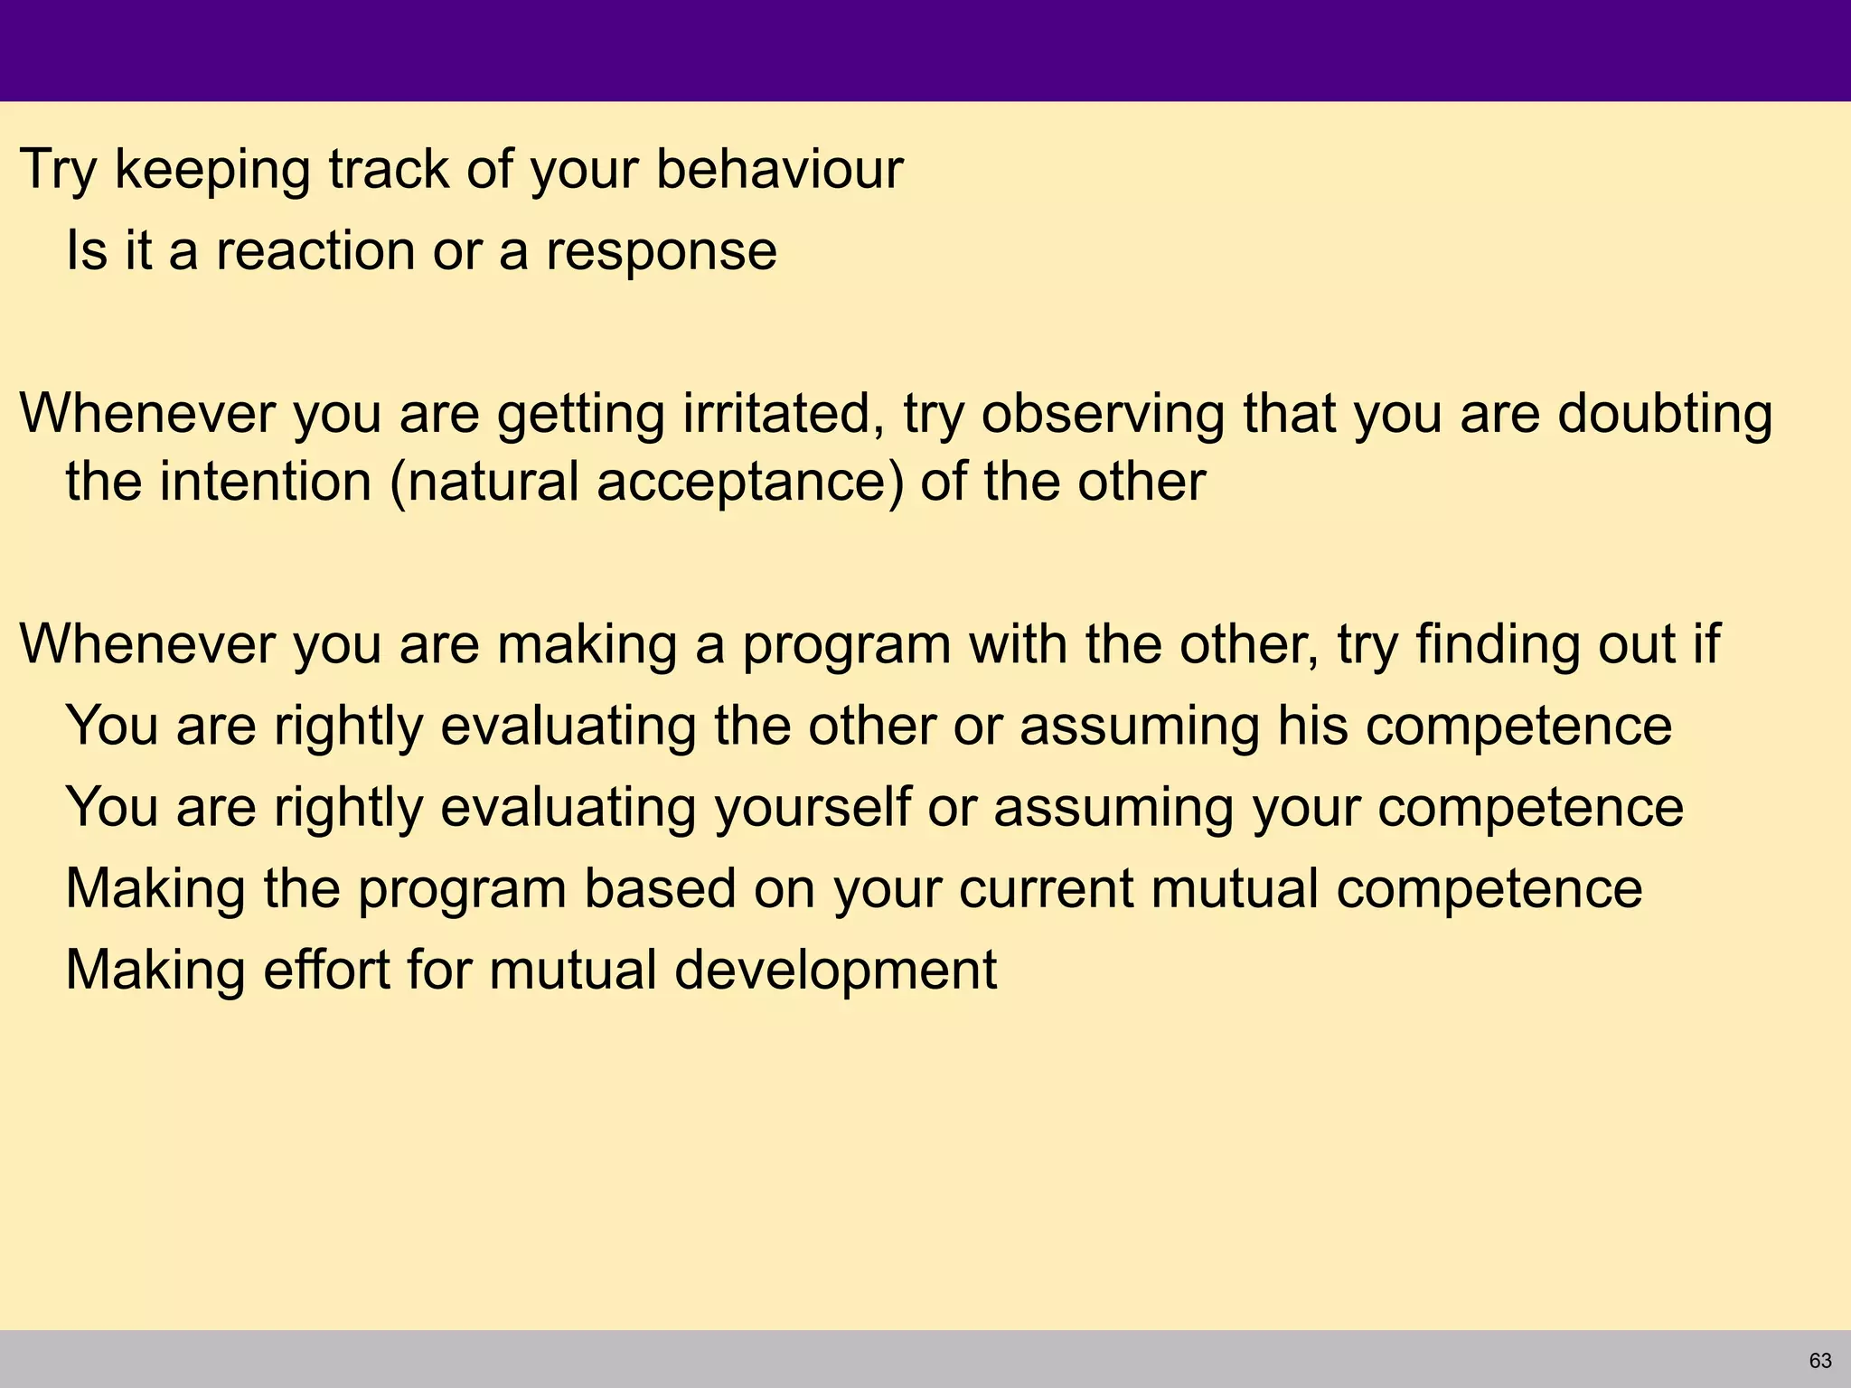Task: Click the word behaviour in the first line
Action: pos(778,169)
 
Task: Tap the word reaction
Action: pos(315,250)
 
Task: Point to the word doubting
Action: pos(1665,416)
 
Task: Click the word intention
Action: pos(266,481)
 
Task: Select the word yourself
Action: pos(813,807)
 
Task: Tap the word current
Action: pos(1046,888)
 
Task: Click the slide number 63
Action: pos(1820,1360)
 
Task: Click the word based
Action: pos(660,888)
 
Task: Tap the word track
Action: pos(389,169)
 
